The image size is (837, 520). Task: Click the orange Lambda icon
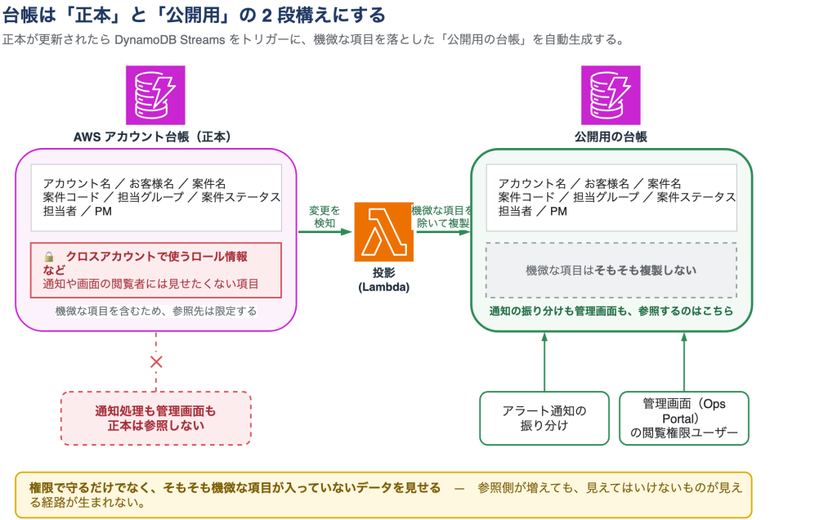coord(384,231)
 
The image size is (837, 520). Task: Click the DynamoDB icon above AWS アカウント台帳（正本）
coord(155,95)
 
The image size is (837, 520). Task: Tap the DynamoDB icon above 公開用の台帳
coord(611,95)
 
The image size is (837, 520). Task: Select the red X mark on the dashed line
coord(156,362)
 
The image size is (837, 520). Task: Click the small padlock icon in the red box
coord(49,257)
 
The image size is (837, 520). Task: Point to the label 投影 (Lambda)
coord(384,280)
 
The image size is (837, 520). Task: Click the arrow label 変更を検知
coord(325,217)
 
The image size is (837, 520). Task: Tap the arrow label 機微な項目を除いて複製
coord(442,217)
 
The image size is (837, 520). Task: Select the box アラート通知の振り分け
coord(544,418)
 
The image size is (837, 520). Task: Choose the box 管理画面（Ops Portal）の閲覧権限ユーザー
coord(684,418)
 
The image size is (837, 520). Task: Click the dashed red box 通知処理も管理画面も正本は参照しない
coord(156,418)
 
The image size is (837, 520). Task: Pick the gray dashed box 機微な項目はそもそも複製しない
coord(611,270)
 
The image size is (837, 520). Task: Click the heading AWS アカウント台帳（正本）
coord(152,137)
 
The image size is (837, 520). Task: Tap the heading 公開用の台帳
coord(611,137)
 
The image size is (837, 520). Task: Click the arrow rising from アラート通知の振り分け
coord(544,362)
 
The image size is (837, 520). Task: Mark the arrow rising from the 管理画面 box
coord(684,362)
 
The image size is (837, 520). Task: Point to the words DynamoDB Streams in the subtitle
coord(170,40)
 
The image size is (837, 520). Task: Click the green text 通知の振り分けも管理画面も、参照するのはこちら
coord(611,311)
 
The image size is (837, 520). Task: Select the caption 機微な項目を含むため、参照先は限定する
coord(156,311)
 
